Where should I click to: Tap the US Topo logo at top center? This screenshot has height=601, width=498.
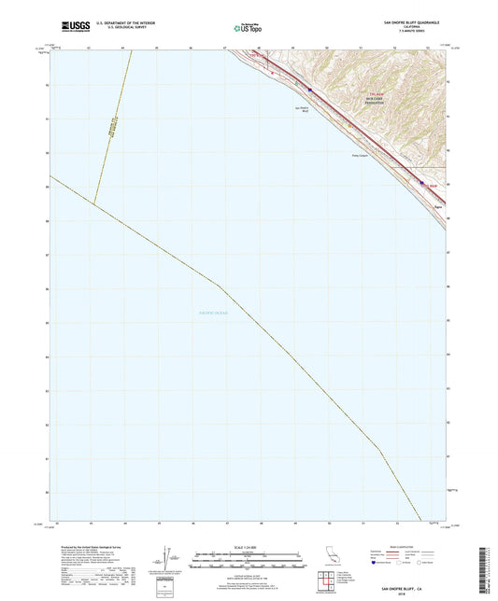point(248,29)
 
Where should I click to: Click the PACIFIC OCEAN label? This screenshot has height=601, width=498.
point(220,312)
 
